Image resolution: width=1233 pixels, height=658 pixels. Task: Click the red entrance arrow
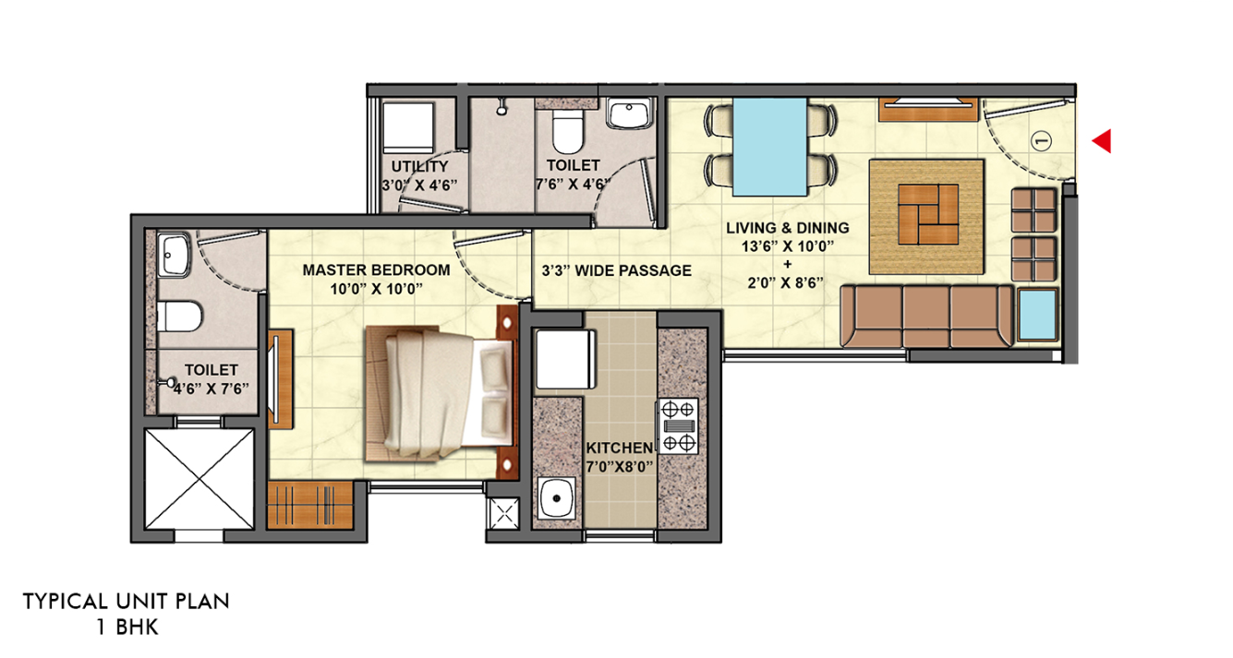[1103, 141]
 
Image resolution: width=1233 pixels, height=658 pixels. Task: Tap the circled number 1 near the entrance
[1040, 141]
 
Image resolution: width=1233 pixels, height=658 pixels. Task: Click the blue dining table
[769, 147]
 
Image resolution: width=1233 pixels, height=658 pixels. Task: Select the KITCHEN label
[619, 448]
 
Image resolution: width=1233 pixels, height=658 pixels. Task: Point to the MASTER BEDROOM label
[377, 270]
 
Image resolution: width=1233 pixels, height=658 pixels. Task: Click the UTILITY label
[419, 166]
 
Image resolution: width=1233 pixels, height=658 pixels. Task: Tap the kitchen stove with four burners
[678, 425]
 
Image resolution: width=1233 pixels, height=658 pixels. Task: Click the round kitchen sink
[557, 498]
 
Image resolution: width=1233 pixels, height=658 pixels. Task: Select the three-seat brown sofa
[926, 317]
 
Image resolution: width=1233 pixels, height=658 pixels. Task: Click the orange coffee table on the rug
[928, 214]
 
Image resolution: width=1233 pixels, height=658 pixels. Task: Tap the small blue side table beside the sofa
[1037, 315]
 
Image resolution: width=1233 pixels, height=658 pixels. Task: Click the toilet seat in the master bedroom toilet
[179, 317]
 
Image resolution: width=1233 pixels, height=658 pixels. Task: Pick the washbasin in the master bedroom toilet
[174, 254]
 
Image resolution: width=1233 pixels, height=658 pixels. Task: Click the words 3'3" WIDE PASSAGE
[617, 270]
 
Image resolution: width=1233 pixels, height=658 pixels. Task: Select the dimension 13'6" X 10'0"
[788, 246]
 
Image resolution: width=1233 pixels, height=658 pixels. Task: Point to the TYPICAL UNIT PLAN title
[126, 602]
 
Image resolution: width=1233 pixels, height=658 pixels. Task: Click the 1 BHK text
[127, 628]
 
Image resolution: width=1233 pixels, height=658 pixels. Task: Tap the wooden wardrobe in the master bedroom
[310, 505]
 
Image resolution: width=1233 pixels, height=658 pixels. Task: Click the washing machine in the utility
[408, 127]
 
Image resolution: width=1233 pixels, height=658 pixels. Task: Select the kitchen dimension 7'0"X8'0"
[619, 467]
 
